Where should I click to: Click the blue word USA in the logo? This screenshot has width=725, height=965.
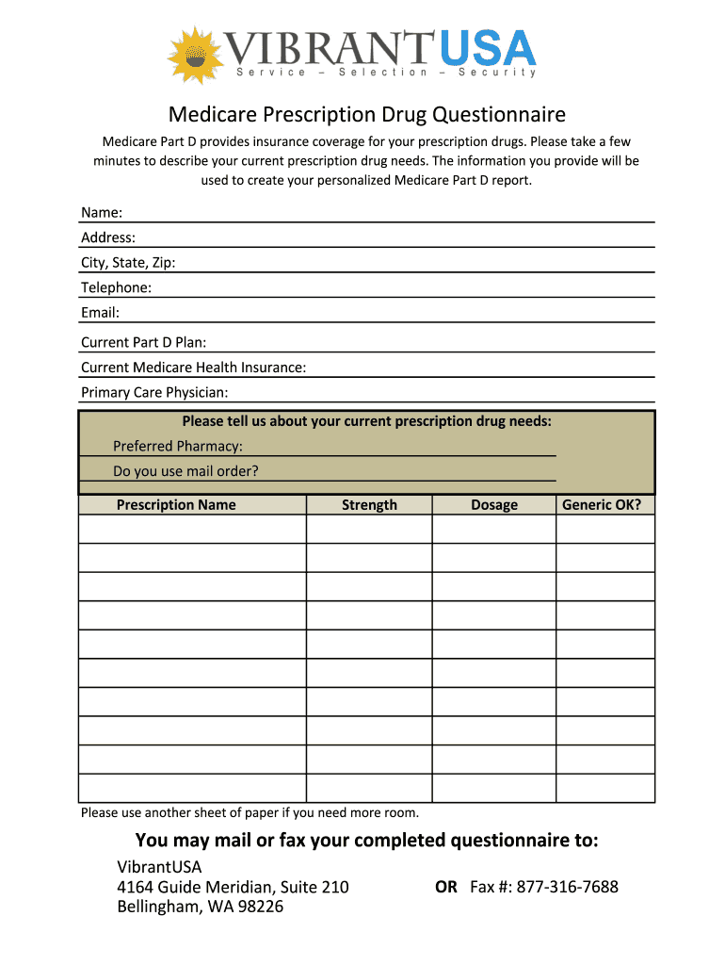pyautogui.click(x=487, y=48)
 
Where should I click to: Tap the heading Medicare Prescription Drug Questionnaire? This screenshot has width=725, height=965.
pyautogui.click(x=367, y=115)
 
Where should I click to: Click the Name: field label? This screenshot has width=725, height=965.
pyautogui.click(x=102, y=213)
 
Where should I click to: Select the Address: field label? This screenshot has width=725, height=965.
pyautogui.click(x=108, y=237)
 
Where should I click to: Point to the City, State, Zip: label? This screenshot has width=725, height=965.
pyautogui.click(x=128, y=263)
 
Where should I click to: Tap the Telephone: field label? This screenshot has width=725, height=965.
pyautogui.click(x=116, y=287)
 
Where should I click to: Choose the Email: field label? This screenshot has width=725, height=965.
pyautogui.click(x=100, y=312)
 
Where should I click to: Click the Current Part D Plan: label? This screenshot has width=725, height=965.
pyautogui.click(x=143, y=342)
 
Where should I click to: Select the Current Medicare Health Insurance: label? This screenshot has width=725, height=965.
pyautogui.click(x=193, y=368)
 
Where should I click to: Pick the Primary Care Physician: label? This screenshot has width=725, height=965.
pyautogui.click(x=154, y=392)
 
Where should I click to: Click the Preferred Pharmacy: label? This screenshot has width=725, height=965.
pyautogui.click(x=178, y=446)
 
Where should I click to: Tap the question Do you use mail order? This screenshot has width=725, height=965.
pyautogui.click(x=185, y=471)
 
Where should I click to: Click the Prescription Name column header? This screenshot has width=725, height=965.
pyautogui.click(x=176, y=505)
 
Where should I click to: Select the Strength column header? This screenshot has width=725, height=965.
pyautogui.click(x=369, y=505)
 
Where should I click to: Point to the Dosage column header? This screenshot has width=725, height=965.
pyautogui.click(x=494, y=505)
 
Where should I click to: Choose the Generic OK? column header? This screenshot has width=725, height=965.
pyautogui.click(x=602, y=505)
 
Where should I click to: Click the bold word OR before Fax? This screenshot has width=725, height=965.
pyautogui.click(x=446, y=887)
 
